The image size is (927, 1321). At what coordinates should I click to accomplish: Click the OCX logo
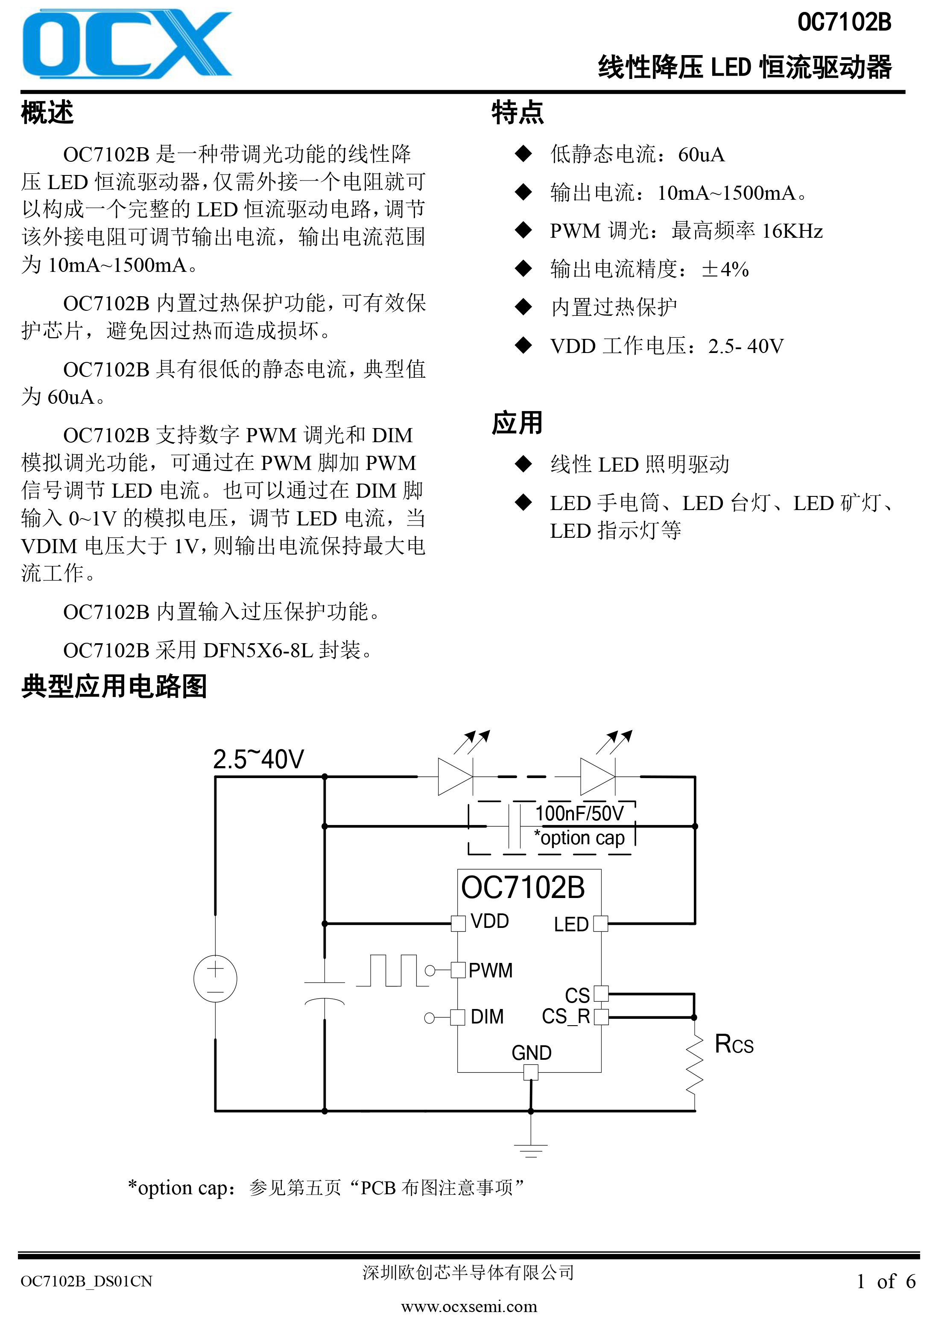(126, 43)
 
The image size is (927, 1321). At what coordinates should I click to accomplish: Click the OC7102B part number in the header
(844, 23)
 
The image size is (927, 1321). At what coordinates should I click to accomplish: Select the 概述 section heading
(47, 112)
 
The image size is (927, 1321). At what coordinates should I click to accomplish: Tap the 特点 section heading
(518, 112)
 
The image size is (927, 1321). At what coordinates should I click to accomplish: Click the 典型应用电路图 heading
(114, 686)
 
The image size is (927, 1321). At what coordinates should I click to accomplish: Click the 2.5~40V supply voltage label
(258, 759)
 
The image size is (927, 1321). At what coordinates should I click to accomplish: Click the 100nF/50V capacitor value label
(579, 813)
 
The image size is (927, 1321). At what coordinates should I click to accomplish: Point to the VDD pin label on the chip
(490, 921)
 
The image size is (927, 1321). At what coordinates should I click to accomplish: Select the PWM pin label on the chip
(490, 970)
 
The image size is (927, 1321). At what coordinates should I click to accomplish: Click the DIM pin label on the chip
(487, 1017)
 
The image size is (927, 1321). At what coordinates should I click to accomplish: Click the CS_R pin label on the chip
(566, 1017)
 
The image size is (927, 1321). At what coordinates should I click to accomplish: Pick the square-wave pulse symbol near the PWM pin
(392, 970)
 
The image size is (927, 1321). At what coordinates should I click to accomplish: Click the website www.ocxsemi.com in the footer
(469, 1306)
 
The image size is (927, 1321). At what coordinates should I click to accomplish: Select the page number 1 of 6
(886, 1281)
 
